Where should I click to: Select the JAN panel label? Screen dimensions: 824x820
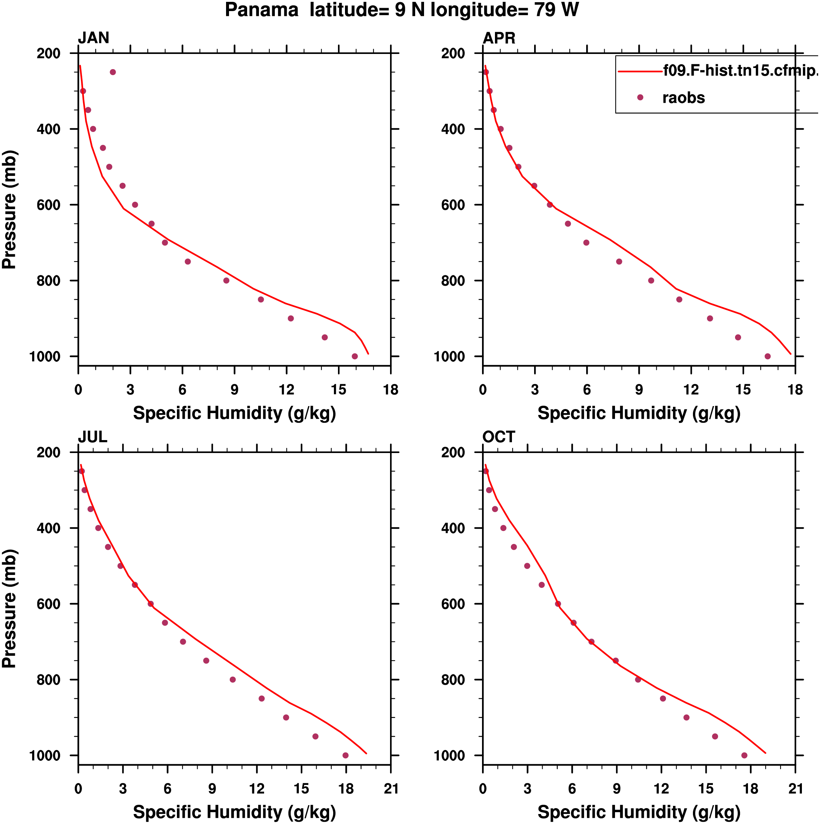pos(93,38)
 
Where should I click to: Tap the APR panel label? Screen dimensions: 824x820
pos(499,38)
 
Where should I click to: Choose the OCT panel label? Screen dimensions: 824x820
pos(499,437)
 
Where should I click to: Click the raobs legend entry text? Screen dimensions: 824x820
pos(683,98)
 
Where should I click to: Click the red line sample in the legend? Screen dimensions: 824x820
pos(640,71)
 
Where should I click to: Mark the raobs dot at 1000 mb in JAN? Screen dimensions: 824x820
pos(355,356)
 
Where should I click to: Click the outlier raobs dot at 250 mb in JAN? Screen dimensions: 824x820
pos(113,72)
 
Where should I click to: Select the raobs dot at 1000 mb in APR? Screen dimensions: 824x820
pos(768,356)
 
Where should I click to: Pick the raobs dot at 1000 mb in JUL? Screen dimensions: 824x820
pos(345,755)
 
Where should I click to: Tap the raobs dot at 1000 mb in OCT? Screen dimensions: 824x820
pos(745,755)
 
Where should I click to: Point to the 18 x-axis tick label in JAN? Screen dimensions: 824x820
pos(390,389)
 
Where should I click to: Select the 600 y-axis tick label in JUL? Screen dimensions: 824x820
pos(49,604)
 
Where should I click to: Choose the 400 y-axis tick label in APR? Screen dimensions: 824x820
pos(453,129)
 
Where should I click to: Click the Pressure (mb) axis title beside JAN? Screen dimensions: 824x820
pos(9,209)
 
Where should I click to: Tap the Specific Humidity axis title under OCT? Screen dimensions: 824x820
pos(639,812)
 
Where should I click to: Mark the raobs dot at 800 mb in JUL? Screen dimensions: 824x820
pos(232,680)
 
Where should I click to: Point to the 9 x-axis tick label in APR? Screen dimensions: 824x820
pos(639,389)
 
